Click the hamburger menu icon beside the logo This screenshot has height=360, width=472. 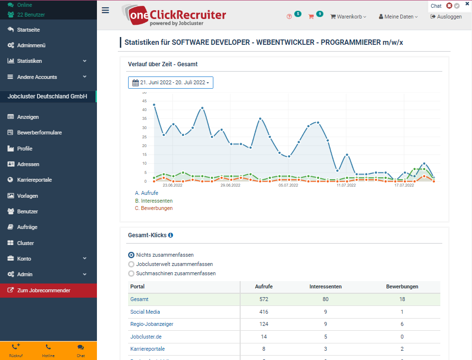point(105,10)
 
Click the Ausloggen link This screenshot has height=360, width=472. point(446,17)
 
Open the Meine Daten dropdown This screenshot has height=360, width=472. point(398,17)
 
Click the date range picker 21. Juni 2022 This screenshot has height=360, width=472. point(170,83)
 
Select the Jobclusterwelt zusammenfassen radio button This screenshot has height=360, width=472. point(131,264)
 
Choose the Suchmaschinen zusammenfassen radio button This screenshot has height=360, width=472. point(131,273)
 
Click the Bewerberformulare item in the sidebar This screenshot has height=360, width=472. point(39,133)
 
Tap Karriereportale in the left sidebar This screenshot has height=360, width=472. point(34,180)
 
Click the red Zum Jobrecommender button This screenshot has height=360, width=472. point(43,290)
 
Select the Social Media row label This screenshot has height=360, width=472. point(145,312)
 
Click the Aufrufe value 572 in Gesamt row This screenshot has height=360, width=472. point(264,299)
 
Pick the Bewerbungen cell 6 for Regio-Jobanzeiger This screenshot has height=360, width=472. point(402,324)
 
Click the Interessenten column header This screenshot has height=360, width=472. point(325,286)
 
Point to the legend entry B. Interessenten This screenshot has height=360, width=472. point(154,201)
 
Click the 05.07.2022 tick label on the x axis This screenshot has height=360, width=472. point(288,185)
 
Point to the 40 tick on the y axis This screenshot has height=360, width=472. point(144,110)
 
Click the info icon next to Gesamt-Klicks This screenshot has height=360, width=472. point(170,235)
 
